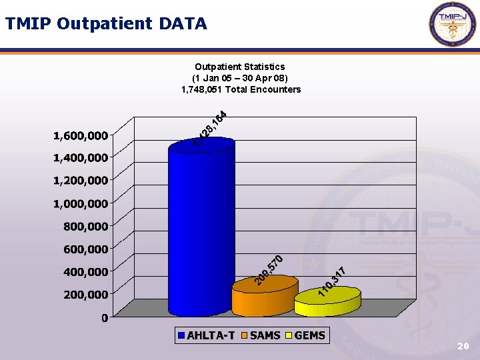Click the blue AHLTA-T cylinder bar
(x=201, y=227)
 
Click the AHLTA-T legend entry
(x=205, y=335)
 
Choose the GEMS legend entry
(x=305, y=335)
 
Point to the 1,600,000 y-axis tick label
(x=81, y=136)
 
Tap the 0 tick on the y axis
(x=105, y=318)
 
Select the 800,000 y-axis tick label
(x=85, y=227)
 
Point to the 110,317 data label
(x=331, y=281)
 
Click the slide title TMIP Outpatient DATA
(x=106, y=24)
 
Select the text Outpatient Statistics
(x=240, y=67)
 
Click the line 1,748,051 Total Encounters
(x=241, y=89)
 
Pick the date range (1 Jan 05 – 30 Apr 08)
(x=240, y=78)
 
